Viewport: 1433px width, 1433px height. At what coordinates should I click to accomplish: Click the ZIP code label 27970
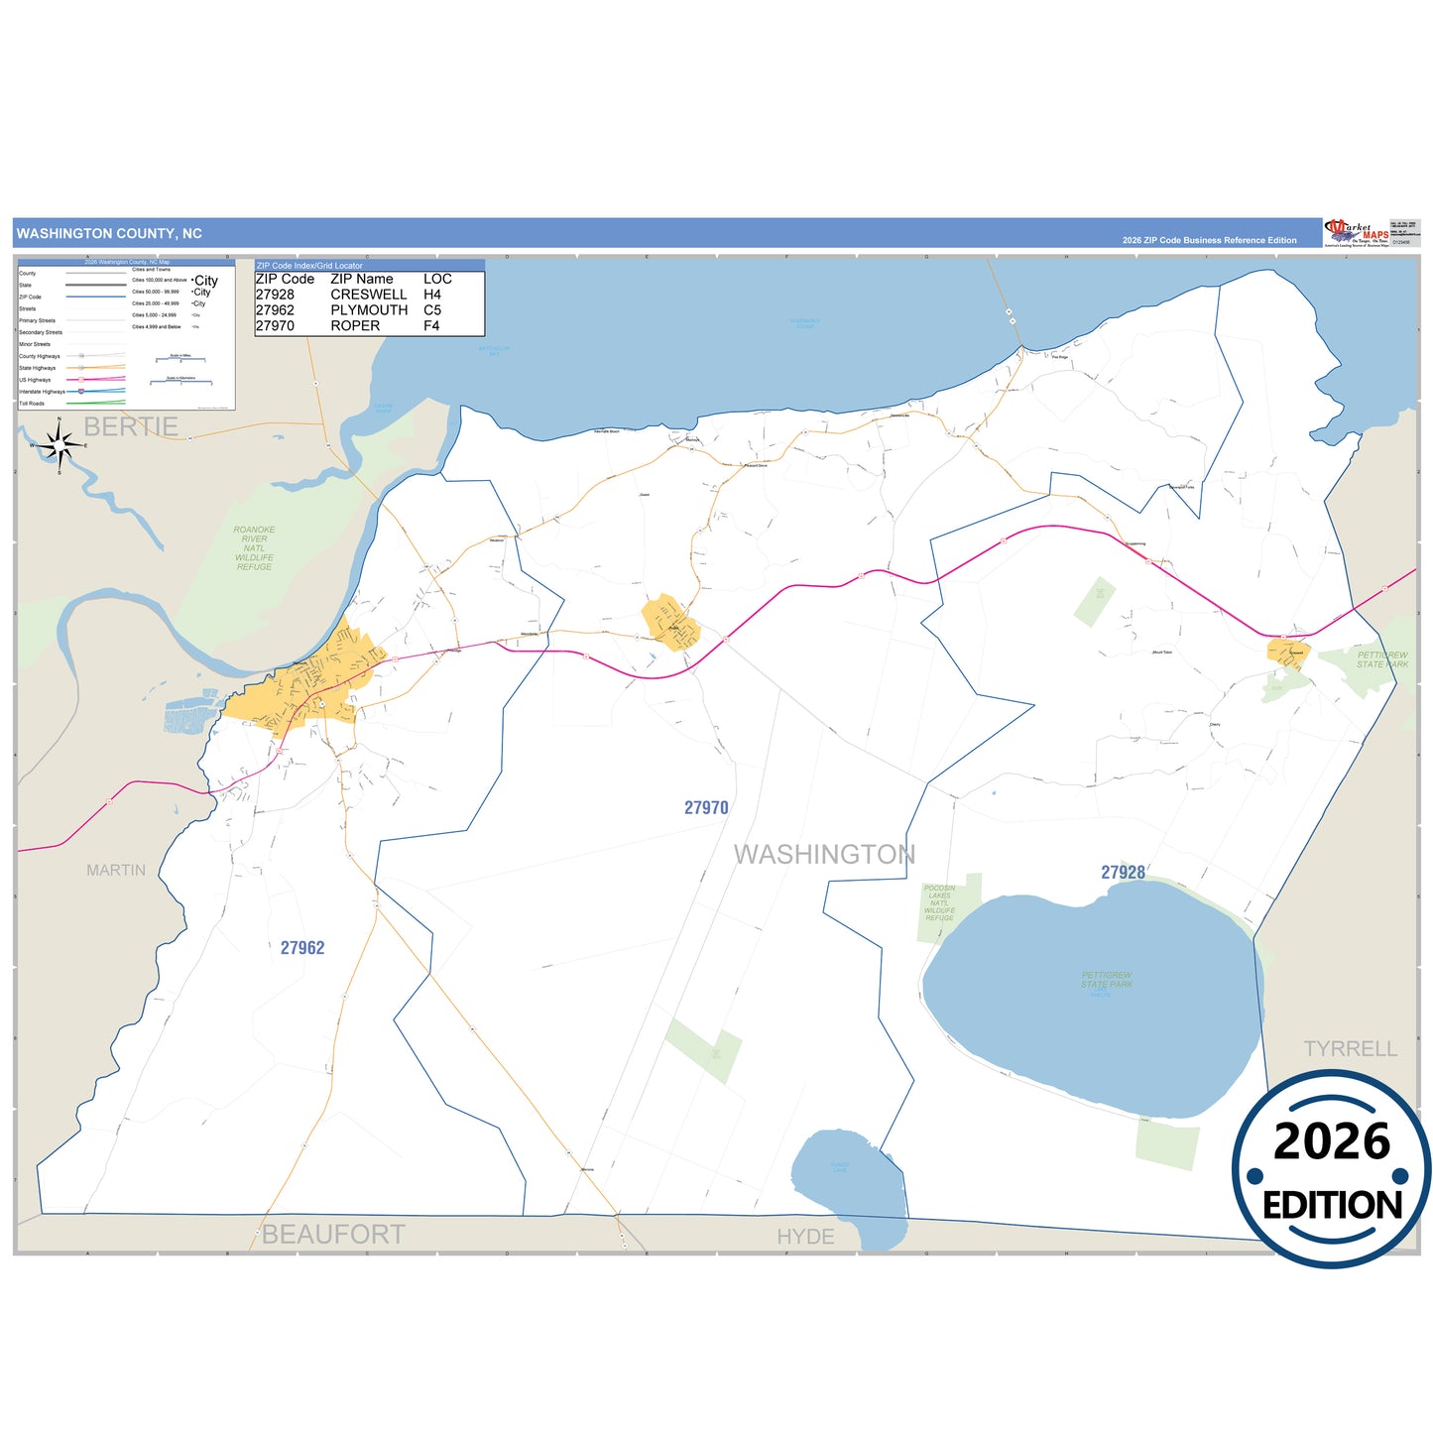tap(706, 808)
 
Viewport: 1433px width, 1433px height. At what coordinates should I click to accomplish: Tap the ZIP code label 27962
tap(302, 948)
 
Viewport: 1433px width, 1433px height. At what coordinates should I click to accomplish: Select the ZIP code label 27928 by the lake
tap(1123, 873)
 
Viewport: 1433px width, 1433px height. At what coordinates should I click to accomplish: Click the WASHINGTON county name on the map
tap(824, 855)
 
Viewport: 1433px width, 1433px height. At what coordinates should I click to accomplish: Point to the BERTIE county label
tap(131, 427)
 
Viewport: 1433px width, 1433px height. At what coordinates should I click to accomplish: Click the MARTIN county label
tap(116, 871)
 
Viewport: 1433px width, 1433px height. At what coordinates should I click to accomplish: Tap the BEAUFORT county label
tap(333, 1235)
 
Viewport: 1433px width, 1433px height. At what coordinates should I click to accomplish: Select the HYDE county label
tap(805, 1237)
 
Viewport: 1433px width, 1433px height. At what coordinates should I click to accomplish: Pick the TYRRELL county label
tap(1350, 1049)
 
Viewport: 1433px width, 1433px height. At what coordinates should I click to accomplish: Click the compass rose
tap(60, 445)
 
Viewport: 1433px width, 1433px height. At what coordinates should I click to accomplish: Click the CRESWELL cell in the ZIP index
tap(369, 295)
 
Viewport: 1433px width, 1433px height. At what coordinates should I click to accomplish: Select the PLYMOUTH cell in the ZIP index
tap(369, 310)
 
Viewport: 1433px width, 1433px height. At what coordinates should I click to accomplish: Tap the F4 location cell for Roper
tap(431, 326)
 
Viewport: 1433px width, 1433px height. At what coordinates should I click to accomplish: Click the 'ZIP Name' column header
tap(362, 280)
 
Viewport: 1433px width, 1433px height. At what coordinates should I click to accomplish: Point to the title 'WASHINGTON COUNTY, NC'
tap(109, 234)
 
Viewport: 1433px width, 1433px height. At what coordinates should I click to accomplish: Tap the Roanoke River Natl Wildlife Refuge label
tap(254, 548)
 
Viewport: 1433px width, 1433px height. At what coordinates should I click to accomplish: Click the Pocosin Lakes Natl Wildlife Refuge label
tap(939, 902)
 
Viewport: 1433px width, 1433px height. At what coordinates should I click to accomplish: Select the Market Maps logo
tap(1357, 233)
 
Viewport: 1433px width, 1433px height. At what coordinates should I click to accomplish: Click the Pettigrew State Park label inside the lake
tap(1107, 980)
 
